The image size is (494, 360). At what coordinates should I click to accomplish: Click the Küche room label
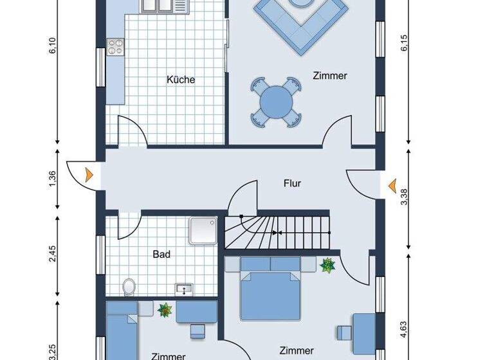[181, 80]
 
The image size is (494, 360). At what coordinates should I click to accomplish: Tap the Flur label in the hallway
[292, 183]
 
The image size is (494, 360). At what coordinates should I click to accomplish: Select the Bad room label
[161, 255]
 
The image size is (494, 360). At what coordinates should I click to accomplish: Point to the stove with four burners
[116, 46]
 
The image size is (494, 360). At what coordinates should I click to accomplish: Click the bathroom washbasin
[184, 289]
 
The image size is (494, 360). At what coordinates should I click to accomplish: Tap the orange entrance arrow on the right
[391, 186]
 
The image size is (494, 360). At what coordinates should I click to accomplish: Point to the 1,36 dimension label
[53, 181]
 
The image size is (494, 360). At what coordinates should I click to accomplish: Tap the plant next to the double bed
[327, 265]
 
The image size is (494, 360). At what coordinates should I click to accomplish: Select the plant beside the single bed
[165, 310]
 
